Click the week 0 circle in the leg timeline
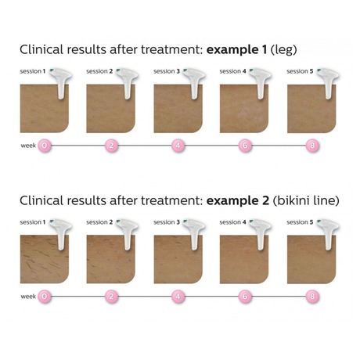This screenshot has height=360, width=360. point(45,146)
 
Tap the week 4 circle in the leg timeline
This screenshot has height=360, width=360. point(178,146)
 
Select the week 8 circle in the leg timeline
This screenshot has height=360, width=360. point(312,146)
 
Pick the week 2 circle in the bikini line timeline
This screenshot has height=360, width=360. point(111,297)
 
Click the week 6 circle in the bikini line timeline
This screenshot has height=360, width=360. point(245,297)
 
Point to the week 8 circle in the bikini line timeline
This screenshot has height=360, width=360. point(312,297)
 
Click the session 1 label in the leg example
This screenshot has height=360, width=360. point(33,71)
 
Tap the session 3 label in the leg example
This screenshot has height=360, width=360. point(167,71)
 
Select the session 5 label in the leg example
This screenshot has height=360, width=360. point(300,71)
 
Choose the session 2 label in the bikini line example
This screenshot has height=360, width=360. point(99,222)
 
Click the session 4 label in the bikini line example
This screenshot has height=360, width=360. point(232,222)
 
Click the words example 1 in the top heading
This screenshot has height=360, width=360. point(236,50)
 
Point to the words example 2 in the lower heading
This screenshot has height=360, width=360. point(237,200)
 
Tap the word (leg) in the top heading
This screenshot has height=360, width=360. point(284,50)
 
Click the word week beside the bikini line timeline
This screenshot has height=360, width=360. point(28,297)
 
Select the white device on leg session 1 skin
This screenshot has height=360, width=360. point(61,83)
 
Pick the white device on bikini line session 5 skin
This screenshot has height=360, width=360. point(328,234)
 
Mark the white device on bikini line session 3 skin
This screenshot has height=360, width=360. point(194,234)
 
